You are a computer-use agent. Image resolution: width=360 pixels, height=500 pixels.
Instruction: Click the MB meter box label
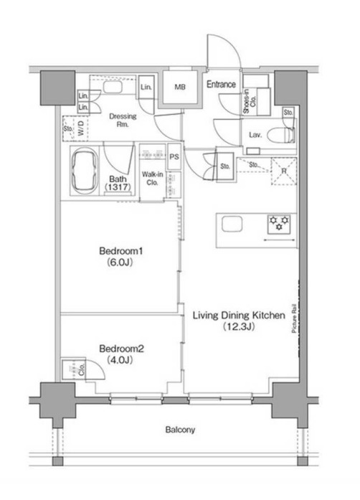(180, 87)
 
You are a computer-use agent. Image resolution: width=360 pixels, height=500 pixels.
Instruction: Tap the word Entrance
(222, 85)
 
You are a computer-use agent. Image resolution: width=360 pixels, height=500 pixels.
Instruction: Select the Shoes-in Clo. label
(250, 100)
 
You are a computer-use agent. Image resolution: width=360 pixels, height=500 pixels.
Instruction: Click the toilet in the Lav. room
(281, 135)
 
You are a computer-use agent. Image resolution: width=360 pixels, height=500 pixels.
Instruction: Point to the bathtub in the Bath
(85, 171)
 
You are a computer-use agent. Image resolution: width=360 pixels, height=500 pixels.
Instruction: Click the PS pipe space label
(174, 157)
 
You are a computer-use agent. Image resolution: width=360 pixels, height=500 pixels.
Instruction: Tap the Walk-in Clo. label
(153, 179)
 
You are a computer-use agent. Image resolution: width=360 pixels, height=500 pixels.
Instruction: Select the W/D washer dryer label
(81, 128)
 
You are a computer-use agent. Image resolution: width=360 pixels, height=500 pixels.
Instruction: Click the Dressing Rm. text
(123, 121)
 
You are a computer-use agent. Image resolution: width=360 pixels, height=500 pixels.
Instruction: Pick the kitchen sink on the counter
(232, 224)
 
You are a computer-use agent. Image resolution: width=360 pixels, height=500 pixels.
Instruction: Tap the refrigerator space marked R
(284, 171)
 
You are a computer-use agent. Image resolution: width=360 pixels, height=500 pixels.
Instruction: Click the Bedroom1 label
(121, 251)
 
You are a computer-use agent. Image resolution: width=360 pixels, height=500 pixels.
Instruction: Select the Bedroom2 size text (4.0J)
(120, 360)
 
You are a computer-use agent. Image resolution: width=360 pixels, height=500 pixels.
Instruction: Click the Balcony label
(180, 430)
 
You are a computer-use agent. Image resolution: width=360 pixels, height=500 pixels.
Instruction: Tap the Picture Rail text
(294, 318)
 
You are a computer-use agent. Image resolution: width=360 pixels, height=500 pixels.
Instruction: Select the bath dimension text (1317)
(118, 187)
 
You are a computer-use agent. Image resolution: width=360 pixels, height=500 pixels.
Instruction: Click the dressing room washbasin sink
(113, 87)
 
